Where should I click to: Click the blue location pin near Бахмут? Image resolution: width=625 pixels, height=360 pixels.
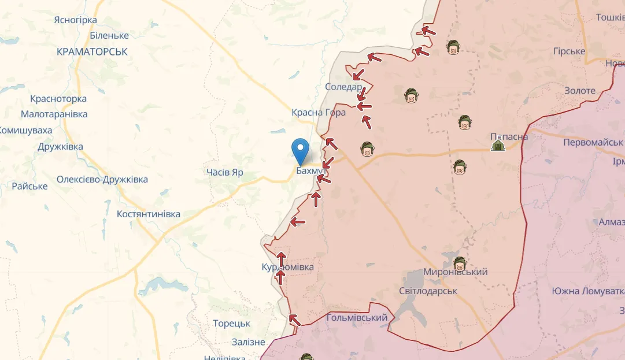pyautogui.click(x=301, y=151)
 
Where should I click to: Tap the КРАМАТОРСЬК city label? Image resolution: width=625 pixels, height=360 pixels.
pyautogui.click(x=92, y=52)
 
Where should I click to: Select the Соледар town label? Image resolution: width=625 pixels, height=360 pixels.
pyautogui.click(x=343, y=87)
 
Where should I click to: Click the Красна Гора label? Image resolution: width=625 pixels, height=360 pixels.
pyautogui.click(x=319, y=112)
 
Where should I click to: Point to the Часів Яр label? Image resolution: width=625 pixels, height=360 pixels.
pyautogui.click(x=225, y=172)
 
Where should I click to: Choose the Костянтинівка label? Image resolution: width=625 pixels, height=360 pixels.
pyautogui.click(x=149, y=214)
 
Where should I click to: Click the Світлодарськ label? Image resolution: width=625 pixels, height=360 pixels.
pyautogui.click(x=428, y=291)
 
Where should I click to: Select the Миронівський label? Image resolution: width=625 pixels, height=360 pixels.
pyautogui.click(x=456, y=272)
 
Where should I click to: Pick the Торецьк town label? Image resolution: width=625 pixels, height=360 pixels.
pyautogui.click(x=231, y=324)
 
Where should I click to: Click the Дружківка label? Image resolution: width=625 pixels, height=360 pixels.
pyautogui.click(x=60, y=146)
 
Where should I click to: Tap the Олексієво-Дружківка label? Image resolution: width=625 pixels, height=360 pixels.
pyautogui.click(x=102, y=179)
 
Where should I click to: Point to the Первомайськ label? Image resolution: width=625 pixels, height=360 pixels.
pyautogui.click(x=593, y=142)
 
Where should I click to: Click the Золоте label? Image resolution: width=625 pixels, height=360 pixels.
pyautogui.click(x=580, y=91)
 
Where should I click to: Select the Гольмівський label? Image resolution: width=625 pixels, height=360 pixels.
pyautogui.click(x=357, y=318)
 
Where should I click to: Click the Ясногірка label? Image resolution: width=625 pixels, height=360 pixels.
pyautogui.click(x=75, y=20)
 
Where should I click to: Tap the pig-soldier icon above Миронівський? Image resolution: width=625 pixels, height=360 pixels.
pyautogui.click(x=460, y=263)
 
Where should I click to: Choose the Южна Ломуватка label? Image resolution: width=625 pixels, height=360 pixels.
pyautogui.click(x=588, y=291)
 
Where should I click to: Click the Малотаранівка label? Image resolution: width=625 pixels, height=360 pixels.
pyautogui.click(x=54, y=114)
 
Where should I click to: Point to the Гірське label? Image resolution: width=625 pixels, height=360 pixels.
pyautogui.click(x=569, y=51)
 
